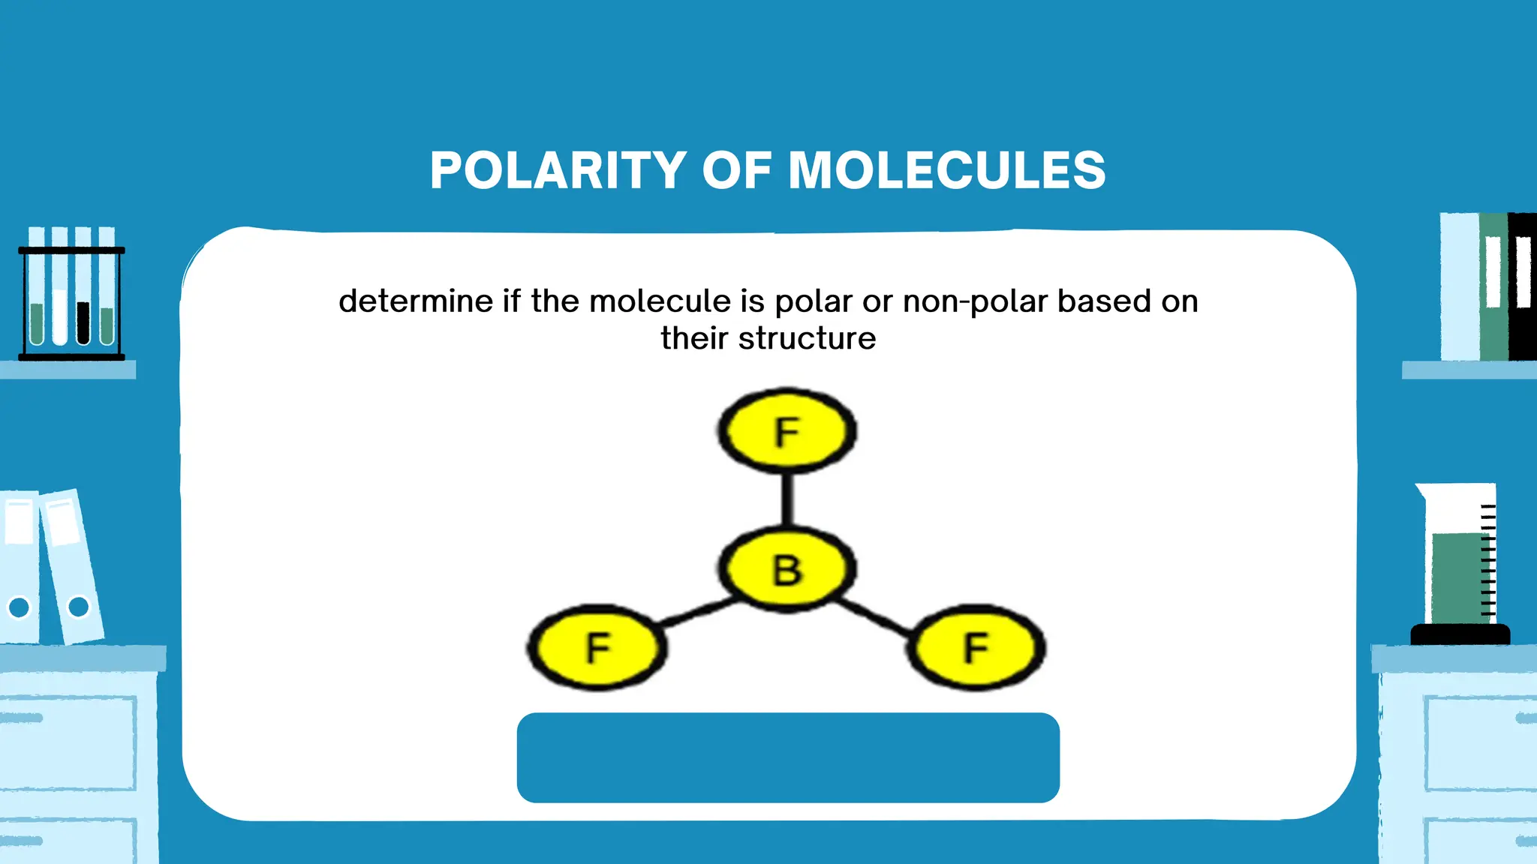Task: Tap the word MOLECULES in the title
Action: (x=946, y=170)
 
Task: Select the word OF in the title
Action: (x=736, y=170)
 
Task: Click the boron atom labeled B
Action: (x=787, y=570)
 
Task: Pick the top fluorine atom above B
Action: (x=787, y=431)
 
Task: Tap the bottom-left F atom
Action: (x=597, y=647)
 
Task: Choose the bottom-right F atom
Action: (x=976, y=647)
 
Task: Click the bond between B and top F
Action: (x=787, y=499)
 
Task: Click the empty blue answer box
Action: (x=788, y=757)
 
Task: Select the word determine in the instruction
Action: (x=416, y=301)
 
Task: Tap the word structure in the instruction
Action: (x=807, y=339)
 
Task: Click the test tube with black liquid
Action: (x=83, y=322)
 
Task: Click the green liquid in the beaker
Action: (x=1456, y=577)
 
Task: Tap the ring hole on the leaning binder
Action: (x=78, y=606)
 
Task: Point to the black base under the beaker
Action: (x=1460, y=634)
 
